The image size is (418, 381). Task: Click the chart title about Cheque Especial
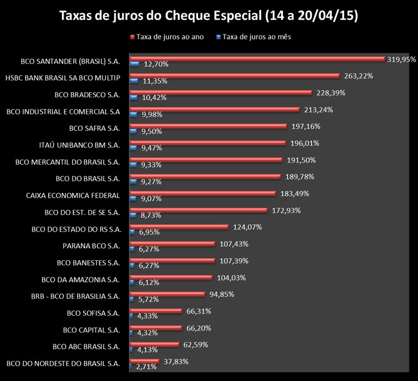(209, 15)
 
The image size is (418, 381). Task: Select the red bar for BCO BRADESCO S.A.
(221, 92)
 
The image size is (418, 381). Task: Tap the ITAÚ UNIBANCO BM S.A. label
(85, 145)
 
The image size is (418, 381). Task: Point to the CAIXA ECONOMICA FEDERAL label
(73, 196)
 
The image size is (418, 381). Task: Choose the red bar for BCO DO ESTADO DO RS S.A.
(179, 227)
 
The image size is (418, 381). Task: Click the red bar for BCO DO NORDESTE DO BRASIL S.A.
(145, 361)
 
